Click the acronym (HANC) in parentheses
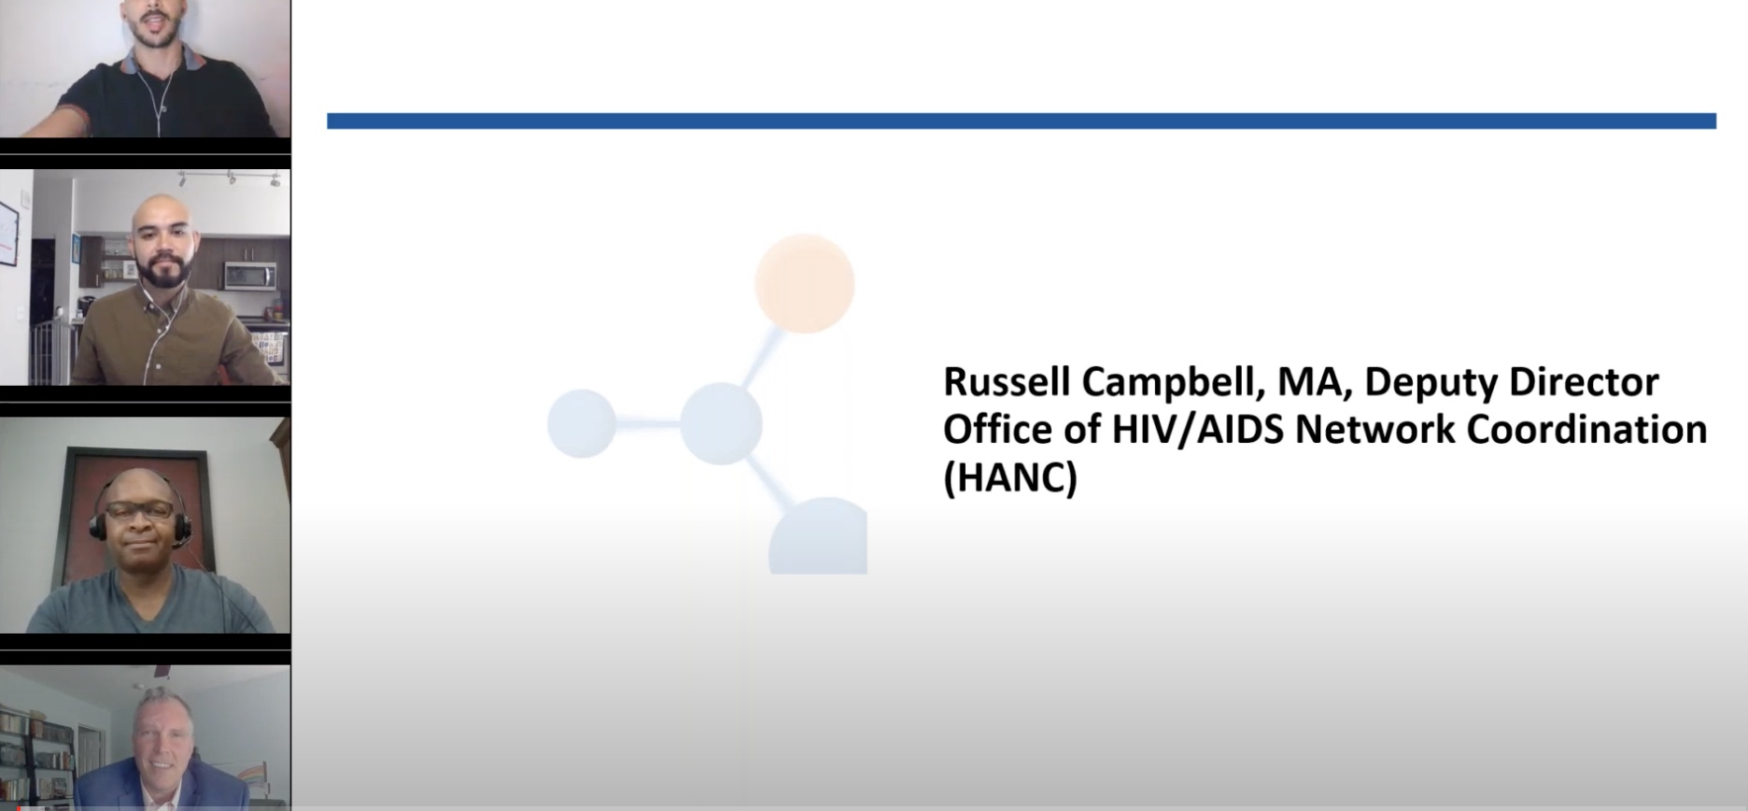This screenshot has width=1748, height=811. coord(1010,477)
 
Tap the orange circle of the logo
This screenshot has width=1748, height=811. coord(804,284)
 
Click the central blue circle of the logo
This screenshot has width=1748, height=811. coord(721,423)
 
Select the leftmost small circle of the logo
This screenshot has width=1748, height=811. coord(581,423)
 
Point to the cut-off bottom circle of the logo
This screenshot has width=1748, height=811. coord(819,536)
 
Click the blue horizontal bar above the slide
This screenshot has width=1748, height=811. coord(1022,121)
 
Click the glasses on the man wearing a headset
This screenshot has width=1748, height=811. coord(139,510)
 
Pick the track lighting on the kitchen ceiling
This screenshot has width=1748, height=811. coord(230,177)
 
